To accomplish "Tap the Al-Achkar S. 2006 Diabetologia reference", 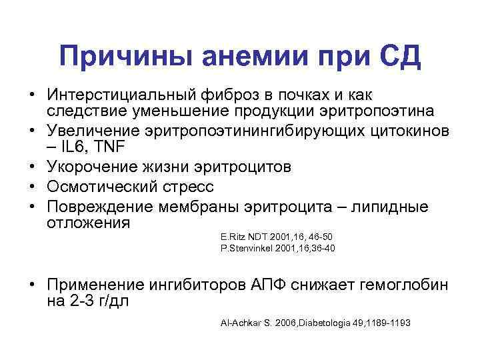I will click(x=315, y=323).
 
